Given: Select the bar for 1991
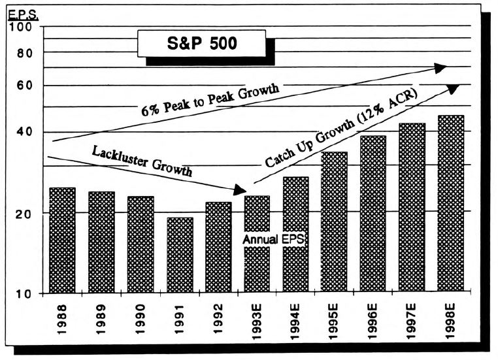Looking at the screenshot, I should (179, 255).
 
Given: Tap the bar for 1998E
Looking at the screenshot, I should (450, 203).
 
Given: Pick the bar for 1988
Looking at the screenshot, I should (63, 240).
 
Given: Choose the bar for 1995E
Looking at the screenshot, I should (334, 221).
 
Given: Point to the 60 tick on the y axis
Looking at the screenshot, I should (25, 86).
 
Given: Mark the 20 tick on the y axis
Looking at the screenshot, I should (25, 213).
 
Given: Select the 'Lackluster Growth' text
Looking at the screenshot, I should (142, 161).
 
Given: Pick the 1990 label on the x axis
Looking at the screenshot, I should (141, 319).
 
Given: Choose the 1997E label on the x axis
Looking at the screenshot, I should (412, 323).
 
